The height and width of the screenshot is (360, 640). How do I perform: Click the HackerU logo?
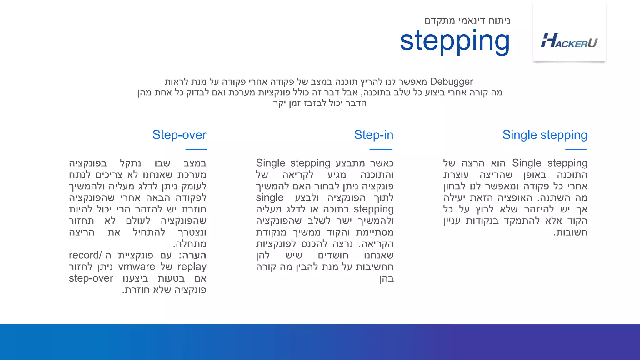point(569,41)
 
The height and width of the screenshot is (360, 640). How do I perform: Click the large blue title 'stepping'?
point(455,41)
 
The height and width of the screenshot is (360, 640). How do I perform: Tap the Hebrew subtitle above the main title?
point(467,21)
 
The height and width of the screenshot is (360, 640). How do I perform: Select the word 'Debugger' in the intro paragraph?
point(451,82)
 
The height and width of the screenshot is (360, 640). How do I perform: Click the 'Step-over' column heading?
point(179,135)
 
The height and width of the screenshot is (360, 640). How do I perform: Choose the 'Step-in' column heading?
point(373,135)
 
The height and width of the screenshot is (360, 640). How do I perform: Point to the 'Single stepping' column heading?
point(545,135)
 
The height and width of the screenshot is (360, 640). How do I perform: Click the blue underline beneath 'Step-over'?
point(196,150)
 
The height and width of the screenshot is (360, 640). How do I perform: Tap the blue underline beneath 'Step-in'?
point(381,150)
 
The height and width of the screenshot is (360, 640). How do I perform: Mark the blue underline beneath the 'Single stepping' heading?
point(576,150)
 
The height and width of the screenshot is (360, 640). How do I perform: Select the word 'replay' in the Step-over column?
point(192,267)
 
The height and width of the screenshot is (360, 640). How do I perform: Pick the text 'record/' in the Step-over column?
point(85,255)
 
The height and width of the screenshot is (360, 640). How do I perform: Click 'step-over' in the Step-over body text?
point(91,278)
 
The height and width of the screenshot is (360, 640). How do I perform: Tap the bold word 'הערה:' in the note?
point(192,255)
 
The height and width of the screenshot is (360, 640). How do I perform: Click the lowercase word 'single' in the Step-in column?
point(269,197)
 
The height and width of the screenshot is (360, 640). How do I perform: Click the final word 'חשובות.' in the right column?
point(570,232)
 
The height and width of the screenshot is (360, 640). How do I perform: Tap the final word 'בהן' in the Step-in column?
point(386,278)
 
